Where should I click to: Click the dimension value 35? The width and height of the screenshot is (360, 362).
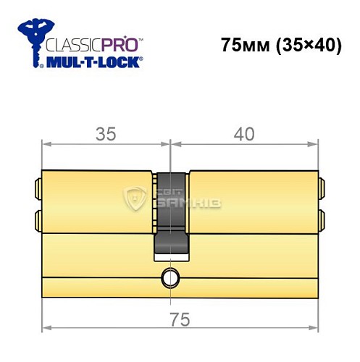106,134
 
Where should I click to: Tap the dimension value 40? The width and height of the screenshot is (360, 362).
245,134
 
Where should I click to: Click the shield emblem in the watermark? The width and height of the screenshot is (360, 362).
136,198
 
